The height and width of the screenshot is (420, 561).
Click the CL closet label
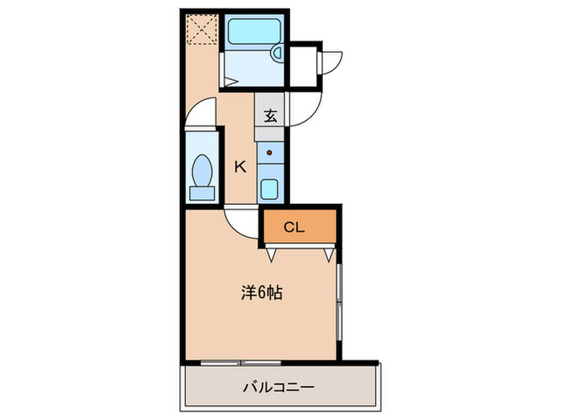click(x=295, y=228)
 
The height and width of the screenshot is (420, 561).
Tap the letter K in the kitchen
click(x=240, y=166)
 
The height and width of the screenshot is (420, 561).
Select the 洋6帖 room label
click(x=261, y=293)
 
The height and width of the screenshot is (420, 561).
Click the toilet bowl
click(x=201, y=169)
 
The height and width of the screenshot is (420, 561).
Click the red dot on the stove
click(x=270, y=151)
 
